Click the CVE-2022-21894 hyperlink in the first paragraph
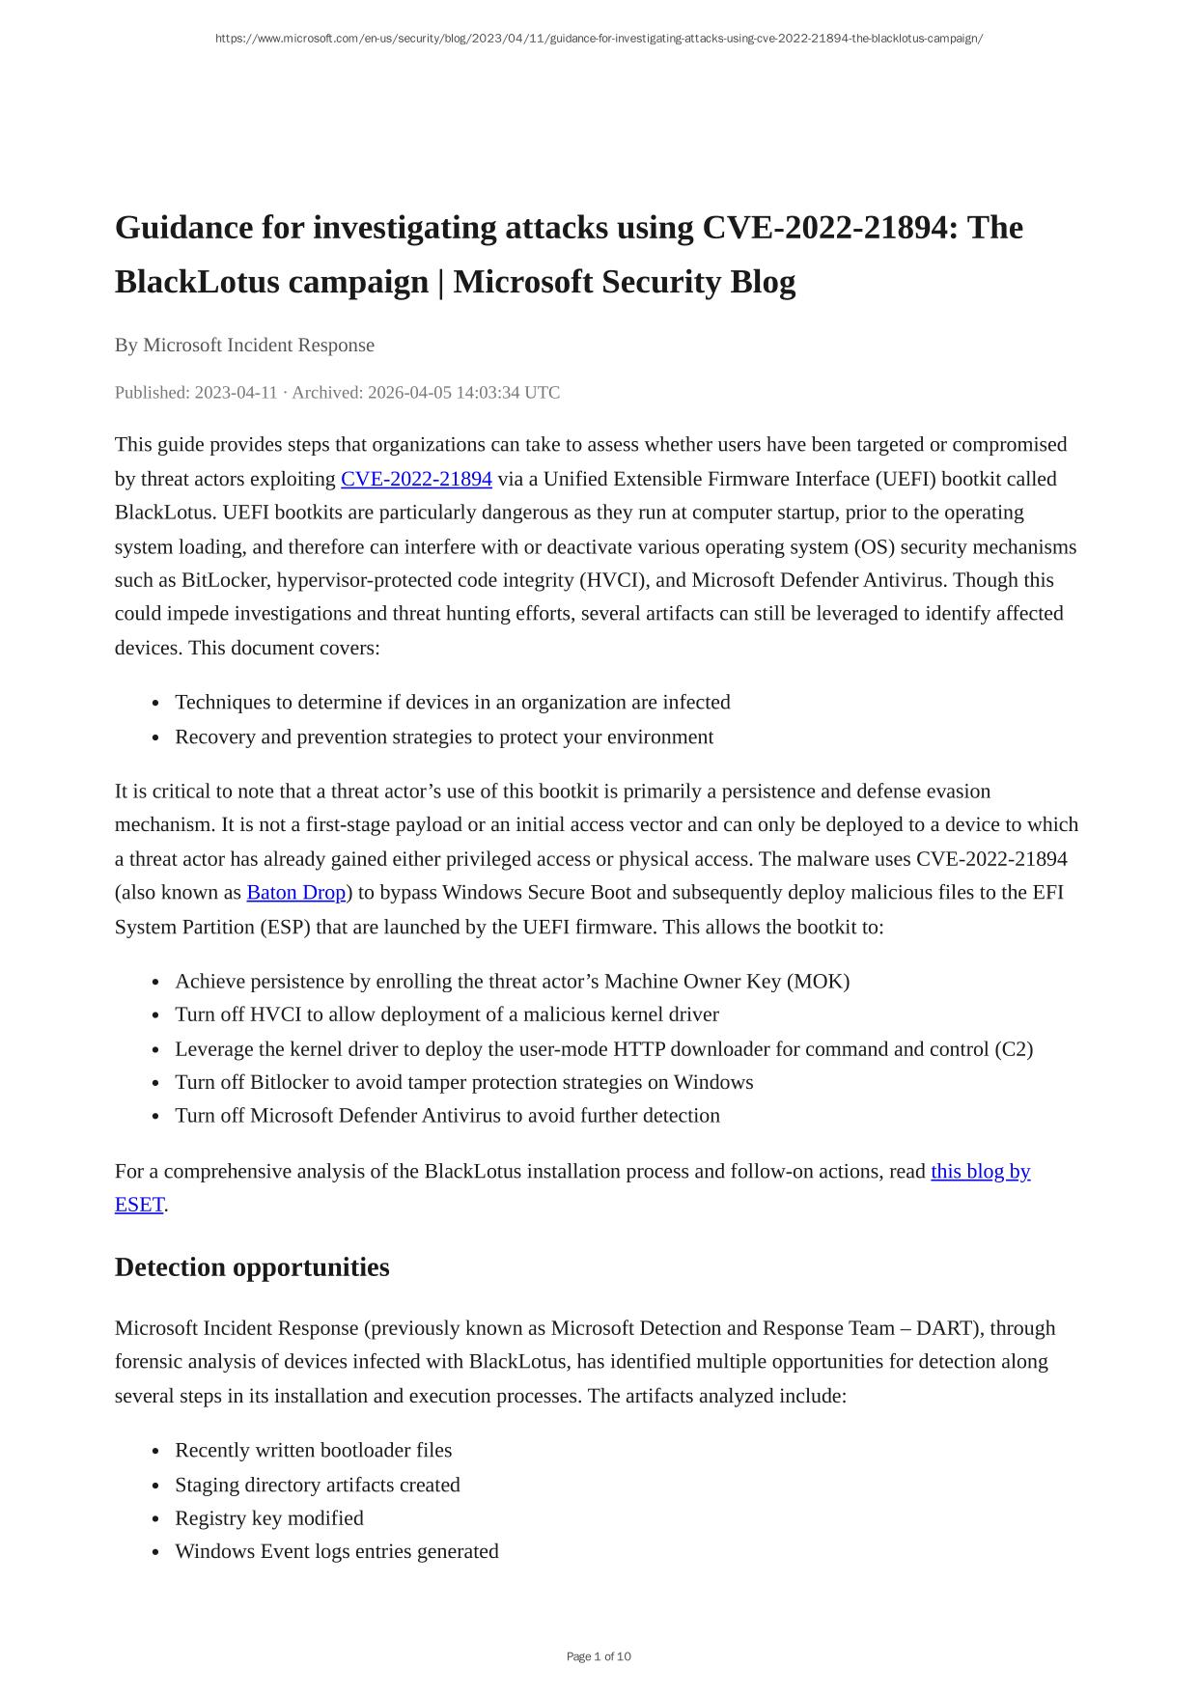coord(416,479)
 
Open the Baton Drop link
coord(295,893)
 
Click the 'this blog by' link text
coord(980,1171)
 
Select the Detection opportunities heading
coord(252,1267)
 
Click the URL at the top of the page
coord(599,39)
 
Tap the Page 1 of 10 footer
coord(599,1656)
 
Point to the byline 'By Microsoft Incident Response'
coord(244,345)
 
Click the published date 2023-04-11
coord(236,393)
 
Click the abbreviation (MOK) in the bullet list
coord(818,981)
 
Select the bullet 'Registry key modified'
coord(269,1518)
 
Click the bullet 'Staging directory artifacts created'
coord(318,1485)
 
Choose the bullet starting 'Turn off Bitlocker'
coord(463,1082)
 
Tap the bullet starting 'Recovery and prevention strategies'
coord(444,736)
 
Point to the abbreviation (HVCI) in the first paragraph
coord(613,580)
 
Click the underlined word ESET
coord(139,1205)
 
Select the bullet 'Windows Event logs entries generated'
coord(337,1551)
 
